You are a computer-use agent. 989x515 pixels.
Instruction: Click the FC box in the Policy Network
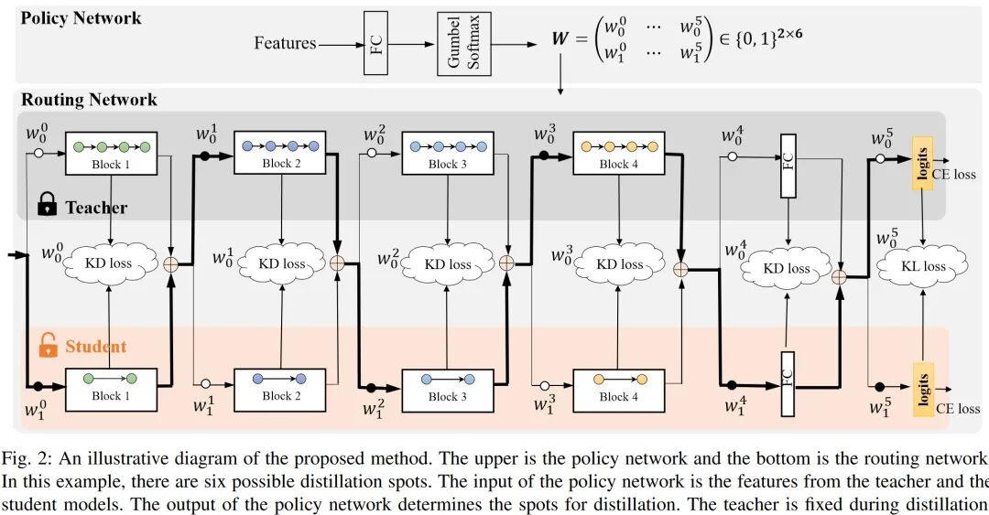pos(376,43)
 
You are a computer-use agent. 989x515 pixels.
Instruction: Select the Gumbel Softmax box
pos(462,43)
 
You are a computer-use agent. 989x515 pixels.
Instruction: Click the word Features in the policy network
pos(285,43)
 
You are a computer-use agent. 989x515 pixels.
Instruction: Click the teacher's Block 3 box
pos(442,153)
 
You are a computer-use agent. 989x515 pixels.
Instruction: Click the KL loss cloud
pos(922,265)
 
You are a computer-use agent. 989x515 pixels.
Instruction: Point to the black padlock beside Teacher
pos(47,207)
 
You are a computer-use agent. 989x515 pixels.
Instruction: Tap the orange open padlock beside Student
pos(47,346)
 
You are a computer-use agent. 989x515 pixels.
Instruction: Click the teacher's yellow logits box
pos(921,166)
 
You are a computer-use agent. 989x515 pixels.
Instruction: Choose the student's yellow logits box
pos(921,382)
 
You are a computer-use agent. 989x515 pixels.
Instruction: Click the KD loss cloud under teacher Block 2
pos(281,263)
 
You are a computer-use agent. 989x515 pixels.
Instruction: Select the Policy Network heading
pos(82,17)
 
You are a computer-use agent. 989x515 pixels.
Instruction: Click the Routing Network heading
pos(89,100)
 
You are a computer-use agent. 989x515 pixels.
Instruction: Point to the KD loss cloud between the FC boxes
pos(787,268)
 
